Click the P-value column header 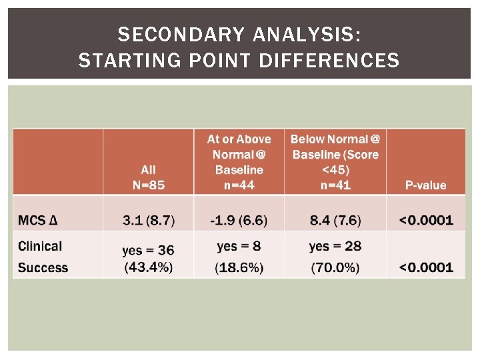425,185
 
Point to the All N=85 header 148,177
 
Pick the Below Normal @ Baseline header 335,161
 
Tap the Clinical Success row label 43,257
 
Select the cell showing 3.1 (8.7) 148,220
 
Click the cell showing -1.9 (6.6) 239,220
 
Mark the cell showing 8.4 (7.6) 335,220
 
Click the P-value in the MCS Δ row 425,220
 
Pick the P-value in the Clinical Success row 425,267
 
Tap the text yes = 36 148,250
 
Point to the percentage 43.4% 148,267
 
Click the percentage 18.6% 239,267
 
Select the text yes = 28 335,246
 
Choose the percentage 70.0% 335,267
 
